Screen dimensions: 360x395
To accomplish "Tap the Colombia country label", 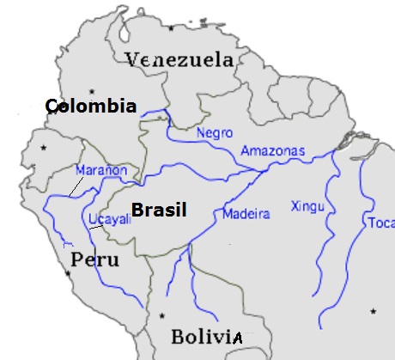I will [90, 106].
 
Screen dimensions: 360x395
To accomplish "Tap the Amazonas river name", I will [272, 151].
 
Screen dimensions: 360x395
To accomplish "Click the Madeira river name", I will [240, 213].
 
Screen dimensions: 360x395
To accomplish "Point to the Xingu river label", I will [307, 206].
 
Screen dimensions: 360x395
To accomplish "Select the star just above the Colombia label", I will [105, 90].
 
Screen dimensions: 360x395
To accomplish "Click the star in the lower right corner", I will [372, 310].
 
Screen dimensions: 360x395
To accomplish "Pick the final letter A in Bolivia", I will [237, 338].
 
